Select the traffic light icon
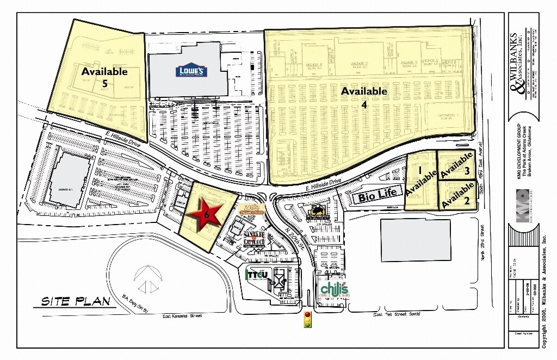(308, 320)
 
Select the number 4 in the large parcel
(364, 105)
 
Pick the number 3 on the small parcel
(467, 171)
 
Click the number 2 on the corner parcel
(467, 200)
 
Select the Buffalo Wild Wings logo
(318, 211)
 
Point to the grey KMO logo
(522, 200)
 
